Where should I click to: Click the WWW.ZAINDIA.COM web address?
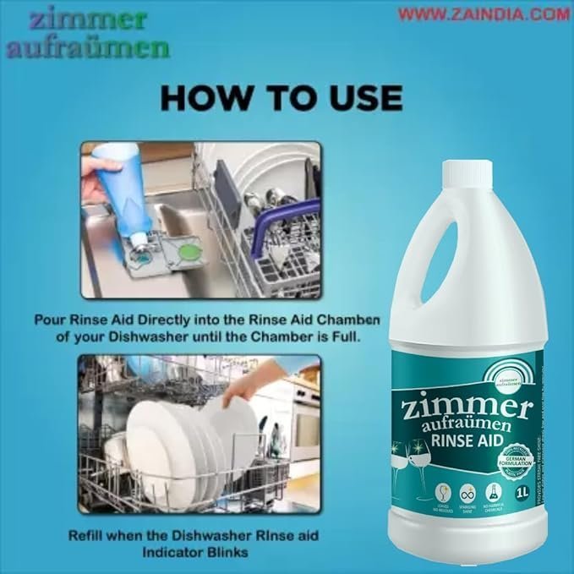point(484,14)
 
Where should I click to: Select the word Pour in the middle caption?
point(52,320)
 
